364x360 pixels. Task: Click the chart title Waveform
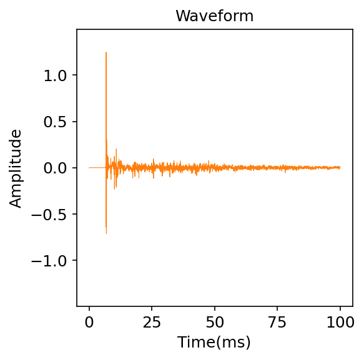[214, 16]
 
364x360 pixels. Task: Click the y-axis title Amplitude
[16, 168]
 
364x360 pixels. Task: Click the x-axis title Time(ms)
[214, 342]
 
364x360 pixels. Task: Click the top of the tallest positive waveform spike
[106, 52]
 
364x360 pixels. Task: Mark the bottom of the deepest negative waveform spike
[106, 233]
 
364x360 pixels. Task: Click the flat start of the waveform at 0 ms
[90, 167]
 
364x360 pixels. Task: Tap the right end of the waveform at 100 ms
[340, 167]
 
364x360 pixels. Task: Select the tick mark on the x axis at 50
[215, 308]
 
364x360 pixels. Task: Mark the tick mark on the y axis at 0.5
[75, 122]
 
